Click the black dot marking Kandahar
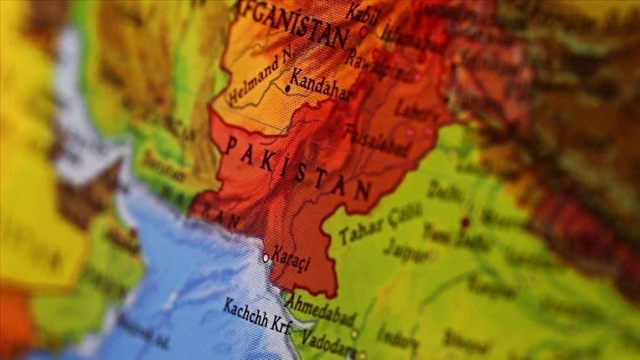click(x=288, y=89)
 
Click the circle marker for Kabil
click(x=364, y=31)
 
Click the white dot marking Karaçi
click(x=266, y=258)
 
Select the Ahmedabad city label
click(x=320, y=310)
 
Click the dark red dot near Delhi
click(x=465, y=222)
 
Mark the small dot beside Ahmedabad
click(x=354, y=334)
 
